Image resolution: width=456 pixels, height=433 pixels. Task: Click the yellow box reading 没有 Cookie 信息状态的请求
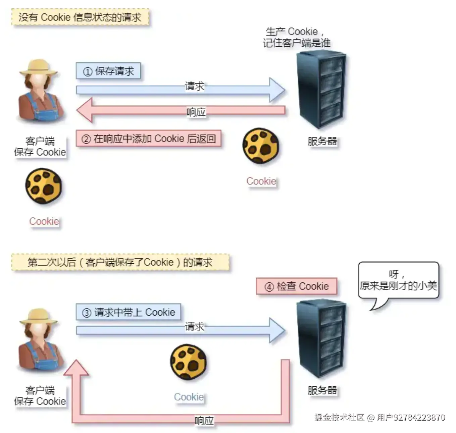coord(80,17)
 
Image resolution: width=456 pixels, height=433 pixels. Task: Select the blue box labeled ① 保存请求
coord(108,71)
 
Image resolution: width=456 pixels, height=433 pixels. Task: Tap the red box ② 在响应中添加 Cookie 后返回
coord(148,139)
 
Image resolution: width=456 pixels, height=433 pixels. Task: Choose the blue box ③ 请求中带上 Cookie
coord(128,312)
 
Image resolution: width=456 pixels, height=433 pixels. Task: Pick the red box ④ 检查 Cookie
coord(296,286)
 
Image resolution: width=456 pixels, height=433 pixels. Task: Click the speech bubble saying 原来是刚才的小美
coord(398,281)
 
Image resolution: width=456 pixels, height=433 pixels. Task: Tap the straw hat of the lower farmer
coord(38,316)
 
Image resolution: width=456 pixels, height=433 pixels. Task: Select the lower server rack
coord(321,339)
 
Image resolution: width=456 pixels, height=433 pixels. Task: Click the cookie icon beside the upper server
coord(261,146)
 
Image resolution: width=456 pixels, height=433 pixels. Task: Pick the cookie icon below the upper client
coord(44,186)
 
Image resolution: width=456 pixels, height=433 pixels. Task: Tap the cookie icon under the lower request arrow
coord(189,362)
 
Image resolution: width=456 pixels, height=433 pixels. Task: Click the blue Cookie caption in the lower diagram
coord(189,397)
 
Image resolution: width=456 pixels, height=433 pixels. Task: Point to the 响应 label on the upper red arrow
coord(196,112)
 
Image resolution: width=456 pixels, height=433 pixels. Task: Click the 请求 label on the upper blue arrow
coord(195,86)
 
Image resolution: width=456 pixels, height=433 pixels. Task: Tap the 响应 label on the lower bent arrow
coord(204,421)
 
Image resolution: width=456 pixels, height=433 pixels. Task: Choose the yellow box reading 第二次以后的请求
coord(120,262)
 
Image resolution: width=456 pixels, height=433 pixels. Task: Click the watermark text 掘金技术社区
coord(339,417)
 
